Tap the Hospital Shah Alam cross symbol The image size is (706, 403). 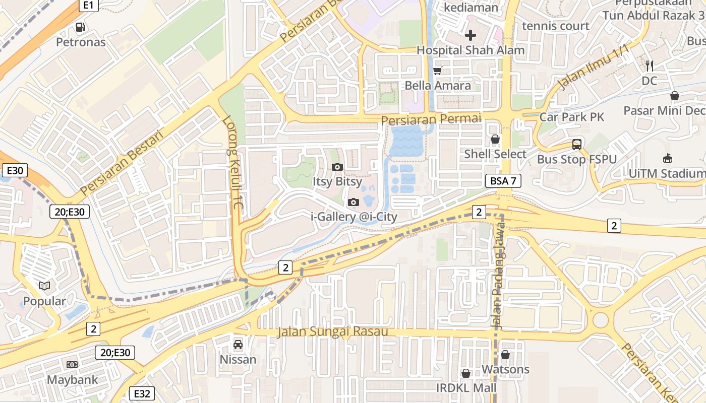(x=470, y=35)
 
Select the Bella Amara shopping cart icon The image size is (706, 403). (x=437, y=71)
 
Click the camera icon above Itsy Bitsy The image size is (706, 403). (x=337, y=167)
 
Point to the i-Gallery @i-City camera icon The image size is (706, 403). (x=354, y=202)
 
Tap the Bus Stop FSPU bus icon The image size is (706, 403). (x=576, y=145)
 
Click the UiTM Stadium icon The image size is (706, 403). (x=668, y=159)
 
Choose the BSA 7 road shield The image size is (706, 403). (x=503, y=181)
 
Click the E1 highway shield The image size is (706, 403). (x=88, y=5)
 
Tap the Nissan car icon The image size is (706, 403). (x=238, y=345)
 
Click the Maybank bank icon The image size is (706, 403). (x=72, y=364)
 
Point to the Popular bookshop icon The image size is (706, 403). (x=44, y=286)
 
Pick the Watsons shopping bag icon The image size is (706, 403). (x=505, y=355)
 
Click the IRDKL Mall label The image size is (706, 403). (x=466, y=388)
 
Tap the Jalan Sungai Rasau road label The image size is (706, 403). (x=333, y=331)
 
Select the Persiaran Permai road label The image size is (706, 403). (x=431, y=120)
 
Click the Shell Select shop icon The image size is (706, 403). (x=495, y=139)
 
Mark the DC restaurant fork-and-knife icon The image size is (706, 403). (x=650, y=65)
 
